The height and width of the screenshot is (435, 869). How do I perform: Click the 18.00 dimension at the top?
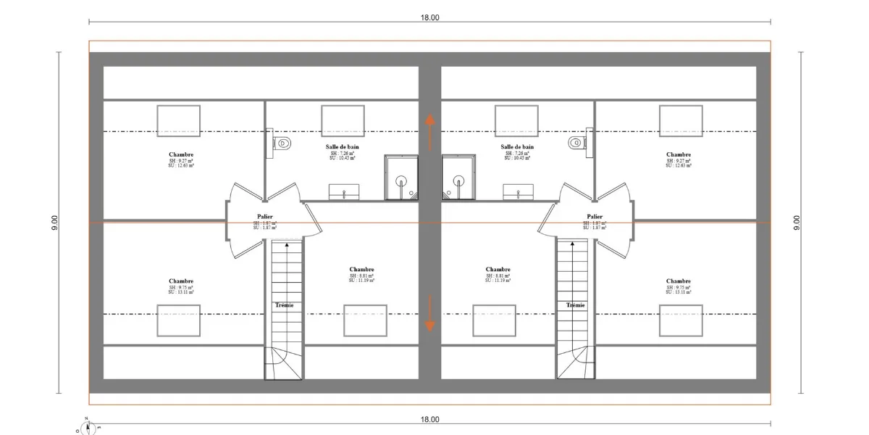click(x=429, y=18)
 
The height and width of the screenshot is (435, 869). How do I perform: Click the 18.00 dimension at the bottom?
click(x=429, y=419)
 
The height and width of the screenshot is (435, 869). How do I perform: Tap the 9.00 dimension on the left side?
click(x=55, y=223)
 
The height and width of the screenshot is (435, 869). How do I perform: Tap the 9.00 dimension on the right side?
click(x=797, y=223)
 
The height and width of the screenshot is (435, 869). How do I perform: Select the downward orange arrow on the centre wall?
click(x=429, y=313)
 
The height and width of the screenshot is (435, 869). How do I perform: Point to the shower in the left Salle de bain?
click(x=400, y=178)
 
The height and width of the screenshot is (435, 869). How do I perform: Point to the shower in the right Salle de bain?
click(x=458, y=178)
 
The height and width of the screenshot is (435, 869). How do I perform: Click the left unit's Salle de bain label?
click(x=343, y=146)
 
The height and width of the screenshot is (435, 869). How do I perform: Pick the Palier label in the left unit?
click(x=265, y=216)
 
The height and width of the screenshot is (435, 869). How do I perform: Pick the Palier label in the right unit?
click(x=595, y=216)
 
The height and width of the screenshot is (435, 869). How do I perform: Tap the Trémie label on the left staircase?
click(x=285, y=305)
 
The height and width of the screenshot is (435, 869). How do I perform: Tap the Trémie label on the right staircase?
click(x=576, y=305)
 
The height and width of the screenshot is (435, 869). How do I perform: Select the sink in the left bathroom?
click(x=344, y=192)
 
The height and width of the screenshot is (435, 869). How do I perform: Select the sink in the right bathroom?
click(x=516, y=192)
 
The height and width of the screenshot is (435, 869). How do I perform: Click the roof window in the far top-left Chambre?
click(x=178, y=119)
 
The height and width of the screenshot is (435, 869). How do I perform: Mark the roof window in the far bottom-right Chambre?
click(x=680, y=320)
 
